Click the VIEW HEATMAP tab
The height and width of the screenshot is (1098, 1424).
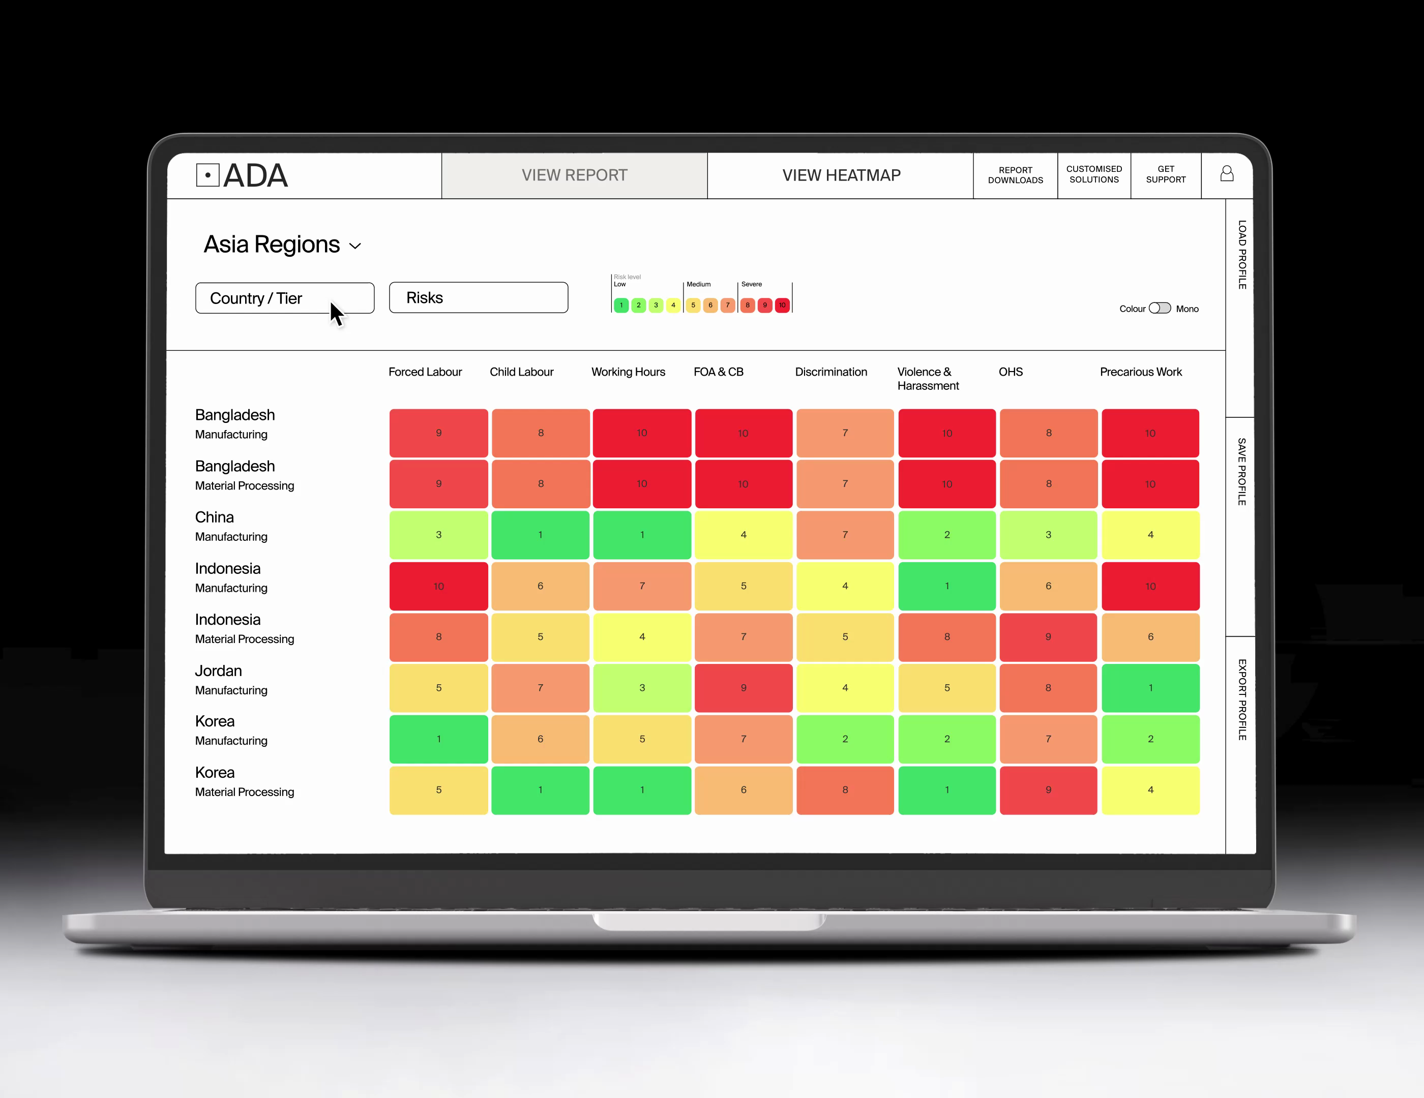[x=841, y=175]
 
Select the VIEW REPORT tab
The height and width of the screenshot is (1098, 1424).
[x=574, y=175]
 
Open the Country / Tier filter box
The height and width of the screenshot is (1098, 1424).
[x=284, y=298]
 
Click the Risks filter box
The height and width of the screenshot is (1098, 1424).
[x=478, y=298]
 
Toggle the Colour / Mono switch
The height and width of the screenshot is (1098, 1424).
[x=1159, y=308]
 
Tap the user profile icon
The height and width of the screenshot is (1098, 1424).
[x=1227, y=173]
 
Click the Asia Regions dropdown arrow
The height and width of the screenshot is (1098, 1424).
[x=355, y=247]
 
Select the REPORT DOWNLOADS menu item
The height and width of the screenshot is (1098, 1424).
[x=1015, y=175]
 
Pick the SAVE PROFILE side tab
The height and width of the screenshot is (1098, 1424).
[x=1241, y=472]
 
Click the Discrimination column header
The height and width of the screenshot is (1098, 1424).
[x=830, y=372]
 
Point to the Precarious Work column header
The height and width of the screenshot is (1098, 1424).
[x=1140, y=372]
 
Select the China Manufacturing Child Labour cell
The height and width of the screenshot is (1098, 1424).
[x=540, y=535]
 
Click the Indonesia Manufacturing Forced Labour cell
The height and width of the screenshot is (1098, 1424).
[x=438, y=586]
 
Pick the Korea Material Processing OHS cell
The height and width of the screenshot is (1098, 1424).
[x=1049, y=790]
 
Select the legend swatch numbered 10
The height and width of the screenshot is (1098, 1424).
[x=782, y=305]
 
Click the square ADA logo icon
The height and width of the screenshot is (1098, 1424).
[x=207, y=175]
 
